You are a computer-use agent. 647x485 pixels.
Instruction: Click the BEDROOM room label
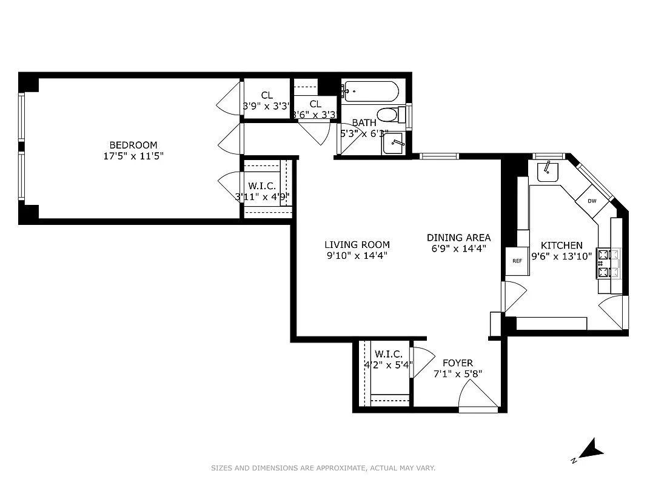pyautogui.click(x=133, y=145)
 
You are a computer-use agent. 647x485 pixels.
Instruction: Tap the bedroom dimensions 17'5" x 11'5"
pyautogui.click(x=133, y=156)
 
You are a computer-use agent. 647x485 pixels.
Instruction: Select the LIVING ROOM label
pyautogui.click(x=357, y=245)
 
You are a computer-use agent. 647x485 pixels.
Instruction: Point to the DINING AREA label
pyautogui.click(x=458, y=238)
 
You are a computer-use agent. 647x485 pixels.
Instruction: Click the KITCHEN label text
pyautogui.click(x=562, y=246)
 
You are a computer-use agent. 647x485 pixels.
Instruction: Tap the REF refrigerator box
pyautogui.click(x=517, y=261)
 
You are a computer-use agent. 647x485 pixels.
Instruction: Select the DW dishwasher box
pyautogui.click(x=592, y=201)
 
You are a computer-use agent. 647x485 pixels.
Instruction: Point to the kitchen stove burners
pyautogui.click(x=605, y=263)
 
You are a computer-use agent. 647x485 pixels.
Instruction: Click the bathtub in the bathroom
pyautogui.click(x=370, y=93)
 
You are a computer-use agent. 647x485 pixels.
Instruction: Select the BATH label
pyautogui.click(x=364, y=123)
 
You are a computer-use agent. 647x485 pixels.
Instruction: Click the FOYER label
pyautogui.click(x=458, y=363)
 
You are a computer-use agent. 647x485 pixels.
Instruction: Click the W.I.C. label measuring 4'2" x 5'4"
pyautogui.click(x=389, y=354)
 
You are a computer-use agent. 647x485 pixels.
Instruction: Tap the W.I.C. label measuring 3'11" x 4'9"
pyautogui.click(x=262, y=186)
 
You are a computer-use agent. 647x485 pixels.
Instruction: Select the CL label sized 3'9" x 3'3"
pyautogui.click(x=267, y=95)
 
